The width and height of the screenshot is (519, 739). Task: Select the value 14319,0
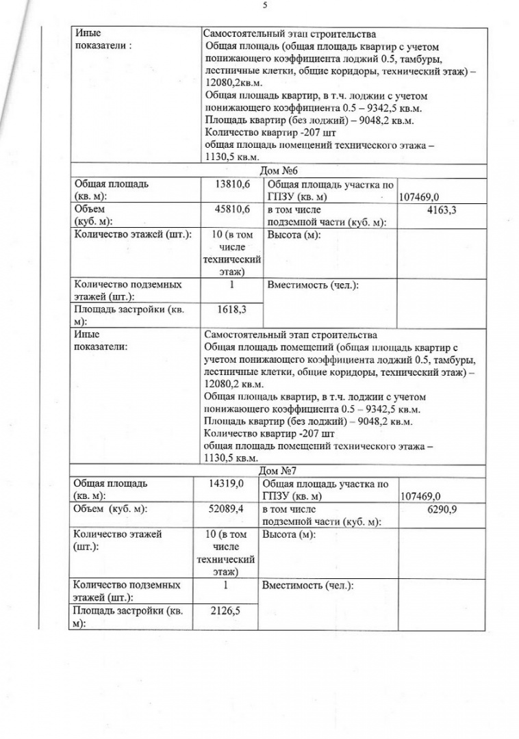click(227, 484)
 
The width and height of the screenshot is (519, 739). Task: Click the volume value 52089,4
click(227, 509)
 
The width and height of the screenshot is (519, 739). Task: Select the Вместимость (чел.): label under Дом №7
click(308, 586)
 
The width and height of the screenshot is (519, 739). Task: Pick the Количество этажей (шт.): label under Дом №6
click(132, 235)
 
